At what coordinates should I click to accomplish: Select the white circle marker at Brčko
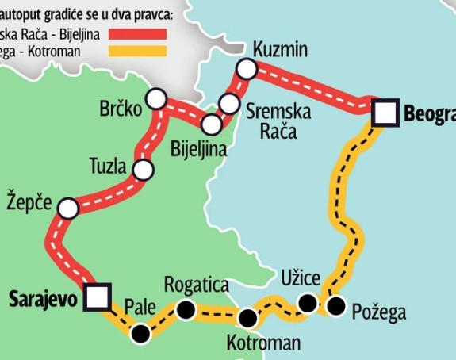(x=156, y=99)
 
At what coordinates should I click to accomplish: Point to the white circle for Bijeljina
(x=211, y=124)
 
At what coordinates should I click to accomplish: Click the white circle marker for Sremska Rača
(x=229, y=103)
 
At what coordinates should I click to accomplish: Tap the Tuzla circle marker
(x=143, y=169)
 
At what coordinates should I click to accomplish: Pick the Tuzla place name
(x=108, y=167)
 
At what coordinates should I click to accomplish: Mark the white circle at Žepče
(x=68, y=209)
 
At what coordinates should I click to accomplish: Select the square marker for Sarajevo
(x=98, y=297)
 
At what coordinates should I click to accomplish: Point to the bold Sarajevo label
(x=43, y=299)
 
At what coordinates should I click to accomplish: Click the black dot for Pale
(x=141, y=334)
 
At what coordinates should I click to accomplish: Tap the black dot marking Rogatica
(x=186, y=310)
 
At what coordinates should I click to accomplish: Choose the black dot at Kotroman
(x=248, y=319)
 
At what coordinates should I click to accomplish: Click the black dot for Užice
(x=307, y=302)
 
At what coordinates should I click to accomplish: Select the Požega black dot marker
(x=336, y=306)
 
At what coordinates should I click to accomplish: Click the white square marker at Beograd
(x=385, y=113)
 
